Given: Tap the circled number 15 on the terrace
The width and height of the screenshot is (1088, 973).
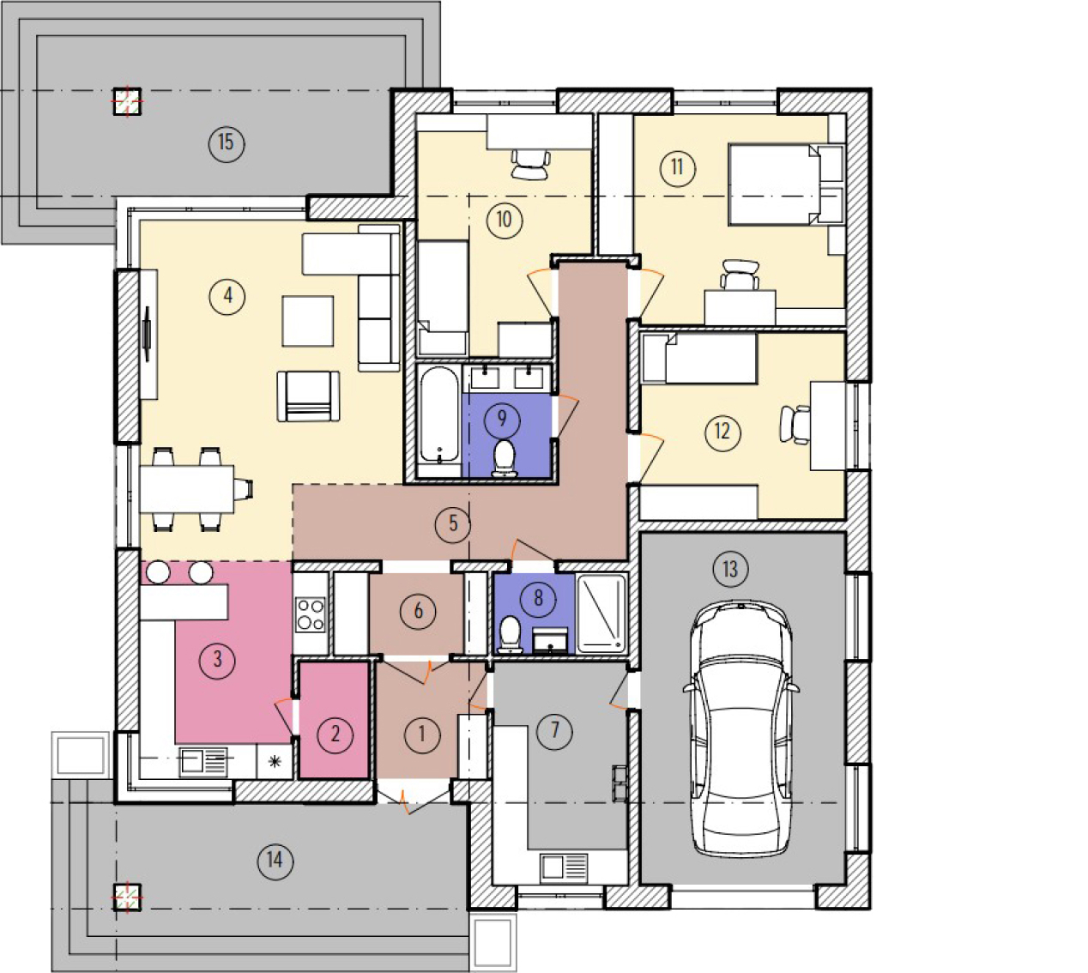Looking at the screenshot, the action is tap(226, 142).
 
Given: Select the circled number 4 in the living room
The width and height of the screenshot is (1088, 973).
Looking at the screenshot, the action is tap(227, 296).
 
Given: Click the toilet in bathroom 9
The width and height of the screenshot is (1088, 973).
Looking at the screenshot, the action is tap(505, 458).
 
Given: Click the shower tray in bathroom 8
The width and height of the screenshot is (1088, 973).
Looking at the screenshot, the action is tap(601, 613).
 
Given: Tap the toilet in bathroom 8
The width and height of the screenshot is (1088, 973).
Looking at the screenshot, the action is tap(510, 635).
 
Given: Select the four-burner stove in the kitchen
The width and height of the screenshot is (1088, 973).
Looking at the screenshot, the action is tap(311, 613).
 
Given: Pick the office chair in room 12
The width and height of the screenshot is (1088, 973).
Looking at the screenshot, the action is tap(795, 425).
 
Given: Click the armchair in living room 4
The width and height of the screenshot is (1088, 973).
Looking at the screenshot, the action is tap(308, 396).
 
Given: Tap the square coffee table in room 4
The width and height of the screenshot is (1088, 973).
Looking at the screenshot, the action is tap(308, 321).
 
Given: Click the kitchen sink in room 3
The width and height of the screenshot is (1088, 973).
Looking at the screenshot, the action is tap(203, 762).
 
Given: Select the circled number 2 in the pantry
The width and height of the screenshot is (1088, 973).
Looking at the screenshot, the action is tap(335, 734).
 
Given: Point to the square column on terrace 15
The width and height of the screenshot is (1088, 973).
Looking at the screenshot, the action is tap(127, 101).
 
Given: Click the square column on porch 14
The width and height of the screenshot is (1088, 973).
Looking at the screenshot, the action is tap(127, 897).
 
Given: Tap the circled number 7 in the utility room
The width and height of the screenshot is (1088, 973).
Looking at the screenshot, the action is tap(555, 729).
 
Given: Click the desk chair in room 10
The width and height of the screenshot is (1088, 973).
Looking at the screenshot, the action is tap(530, 164).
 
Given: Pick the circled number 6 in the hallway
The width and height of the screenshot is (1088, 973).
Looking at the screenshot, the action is tap(419, 611).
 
